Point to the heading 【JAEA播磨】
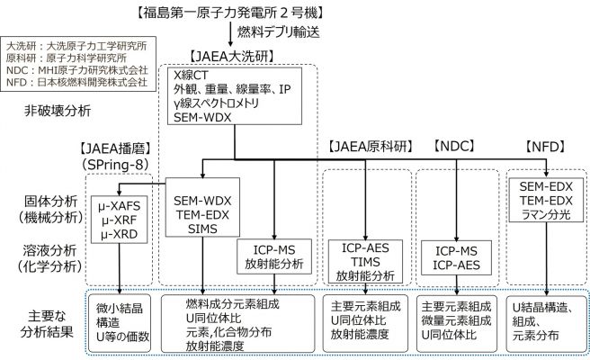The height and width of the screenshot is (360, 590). (x=114, y=148)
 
